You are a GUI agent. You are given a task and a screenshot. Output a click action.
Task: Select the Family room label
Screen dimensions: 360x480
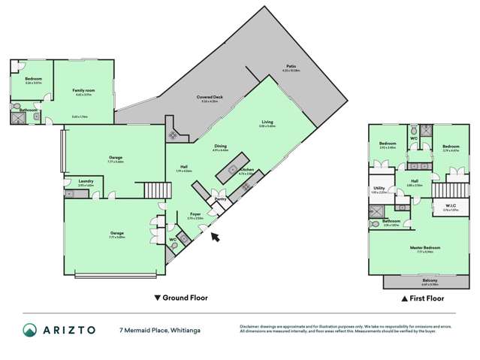point(83,92)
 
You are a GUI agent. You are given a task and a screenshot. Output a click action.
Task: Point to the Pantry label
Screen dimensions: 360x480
point(220,199)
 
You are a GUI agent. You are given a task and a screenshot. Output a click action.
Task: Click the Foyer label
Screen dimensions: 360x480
point(195,214)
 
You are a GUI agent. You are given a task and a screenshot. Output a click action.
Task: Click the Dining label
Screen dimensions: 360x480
point(220,147)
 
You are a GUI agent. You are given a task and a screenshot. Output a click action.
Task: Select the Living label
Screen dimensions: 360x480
point(267,122)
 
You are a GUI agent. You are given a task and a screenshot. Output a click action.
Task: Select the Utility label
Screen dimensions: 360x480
point(379,189)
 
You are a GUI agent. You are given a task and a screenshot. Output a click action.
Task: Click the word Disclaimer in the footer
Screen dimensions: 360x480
point(252,325)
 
